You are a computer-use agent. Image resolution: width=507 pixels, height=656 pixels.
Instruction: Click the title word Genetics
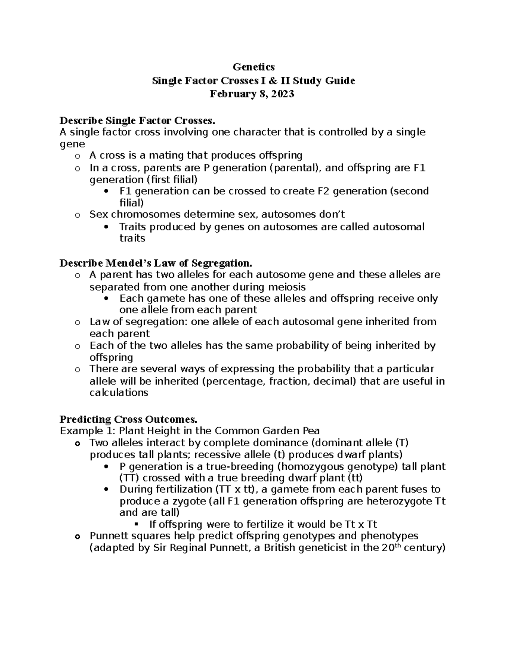pyautogui.click(x=253, y=67)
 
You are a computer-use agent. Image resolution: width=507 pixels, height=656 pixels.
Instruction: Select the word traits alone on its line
pyautogui.click(x=132, y=238)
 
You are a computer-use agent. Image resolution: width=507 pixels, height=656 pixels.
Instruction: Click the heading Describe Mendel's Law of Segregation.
pyautogui.click(x=155, y=263)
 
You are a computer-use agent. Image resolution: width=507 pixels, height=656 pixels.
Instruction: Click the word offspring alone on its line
pyautogui.click(x=111, y=357)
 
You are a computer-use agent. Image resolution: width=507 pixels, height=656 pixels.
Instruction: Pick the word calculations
pyautogui.click(x=119, y=393)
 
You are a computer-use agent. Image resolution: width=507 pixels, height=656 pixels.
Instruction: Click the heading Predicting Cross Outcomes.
pyautogui.click(x=128, y=419)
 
